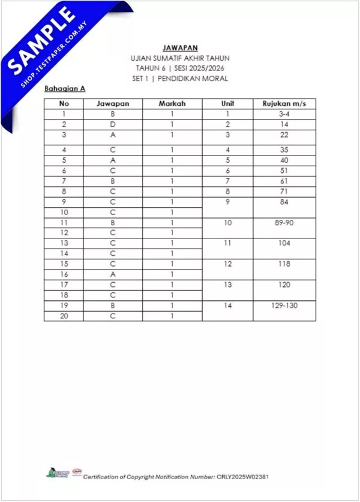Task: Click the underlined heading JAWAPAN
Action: [x=180, y=47]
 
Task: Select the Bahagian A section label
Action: [x=65, y=88]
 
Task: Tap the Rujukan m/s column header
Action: [x=284, y=104]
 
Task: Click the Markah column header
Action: [x=172, y=104]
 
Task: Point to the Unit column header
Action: [x=227, y=104]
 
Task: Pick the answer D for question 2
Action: [x=113, y=124]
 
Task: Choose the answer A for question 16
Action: [x=113, y=274]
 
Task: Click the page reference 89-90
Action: [x=284, y=222]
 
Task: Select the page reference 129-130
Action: [x=284, y=306]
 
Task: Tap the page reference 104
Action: [x=284, y=243]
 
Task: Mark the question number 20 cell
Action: [x=64, y=316]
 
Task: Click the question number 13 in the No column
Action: [x=64, y=243]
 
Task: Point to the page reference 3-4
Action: [x=284, y=113]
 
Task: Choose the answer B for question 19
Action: [x=113, y=306]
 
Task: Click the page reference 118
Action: [x=284, y=264]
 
